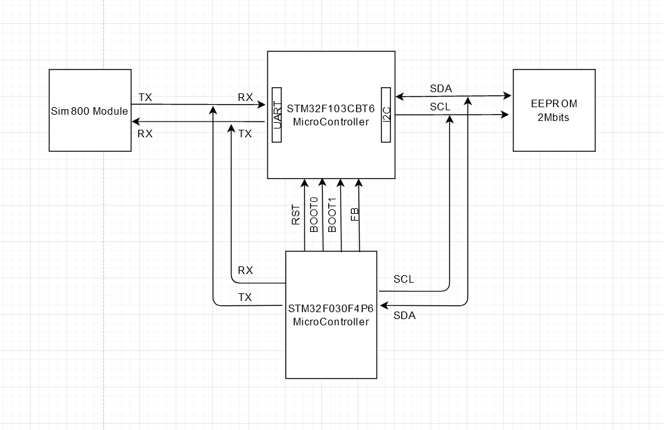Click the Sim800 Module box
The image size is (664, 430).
90,111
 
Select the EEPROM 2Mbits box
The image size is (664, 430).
554,110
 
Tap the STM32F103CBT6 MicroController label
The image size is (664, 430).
331,115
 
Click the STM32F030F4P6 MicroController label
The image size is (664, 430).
331,315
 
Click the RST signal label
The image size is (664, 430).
296,215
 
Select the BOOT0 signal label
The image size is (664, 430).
314,215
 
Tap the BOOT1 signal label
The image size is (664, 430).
333,215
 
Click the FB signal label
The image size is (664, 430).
355,215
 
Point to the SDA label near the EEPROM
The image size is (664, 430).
441,88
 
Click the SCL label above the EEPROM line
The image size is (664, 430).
441,107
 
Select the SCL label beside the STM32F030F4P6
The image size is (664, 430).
404,280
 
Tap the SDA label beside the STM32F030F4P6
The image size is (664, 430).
404,316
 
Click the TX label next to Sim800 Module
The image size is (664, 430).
145,97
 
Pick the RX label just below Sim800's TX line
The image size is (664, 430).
145,134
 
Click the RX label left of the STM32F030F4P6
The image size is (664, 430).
245,271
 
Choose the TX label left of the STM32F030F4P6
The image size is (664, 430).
245,297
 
